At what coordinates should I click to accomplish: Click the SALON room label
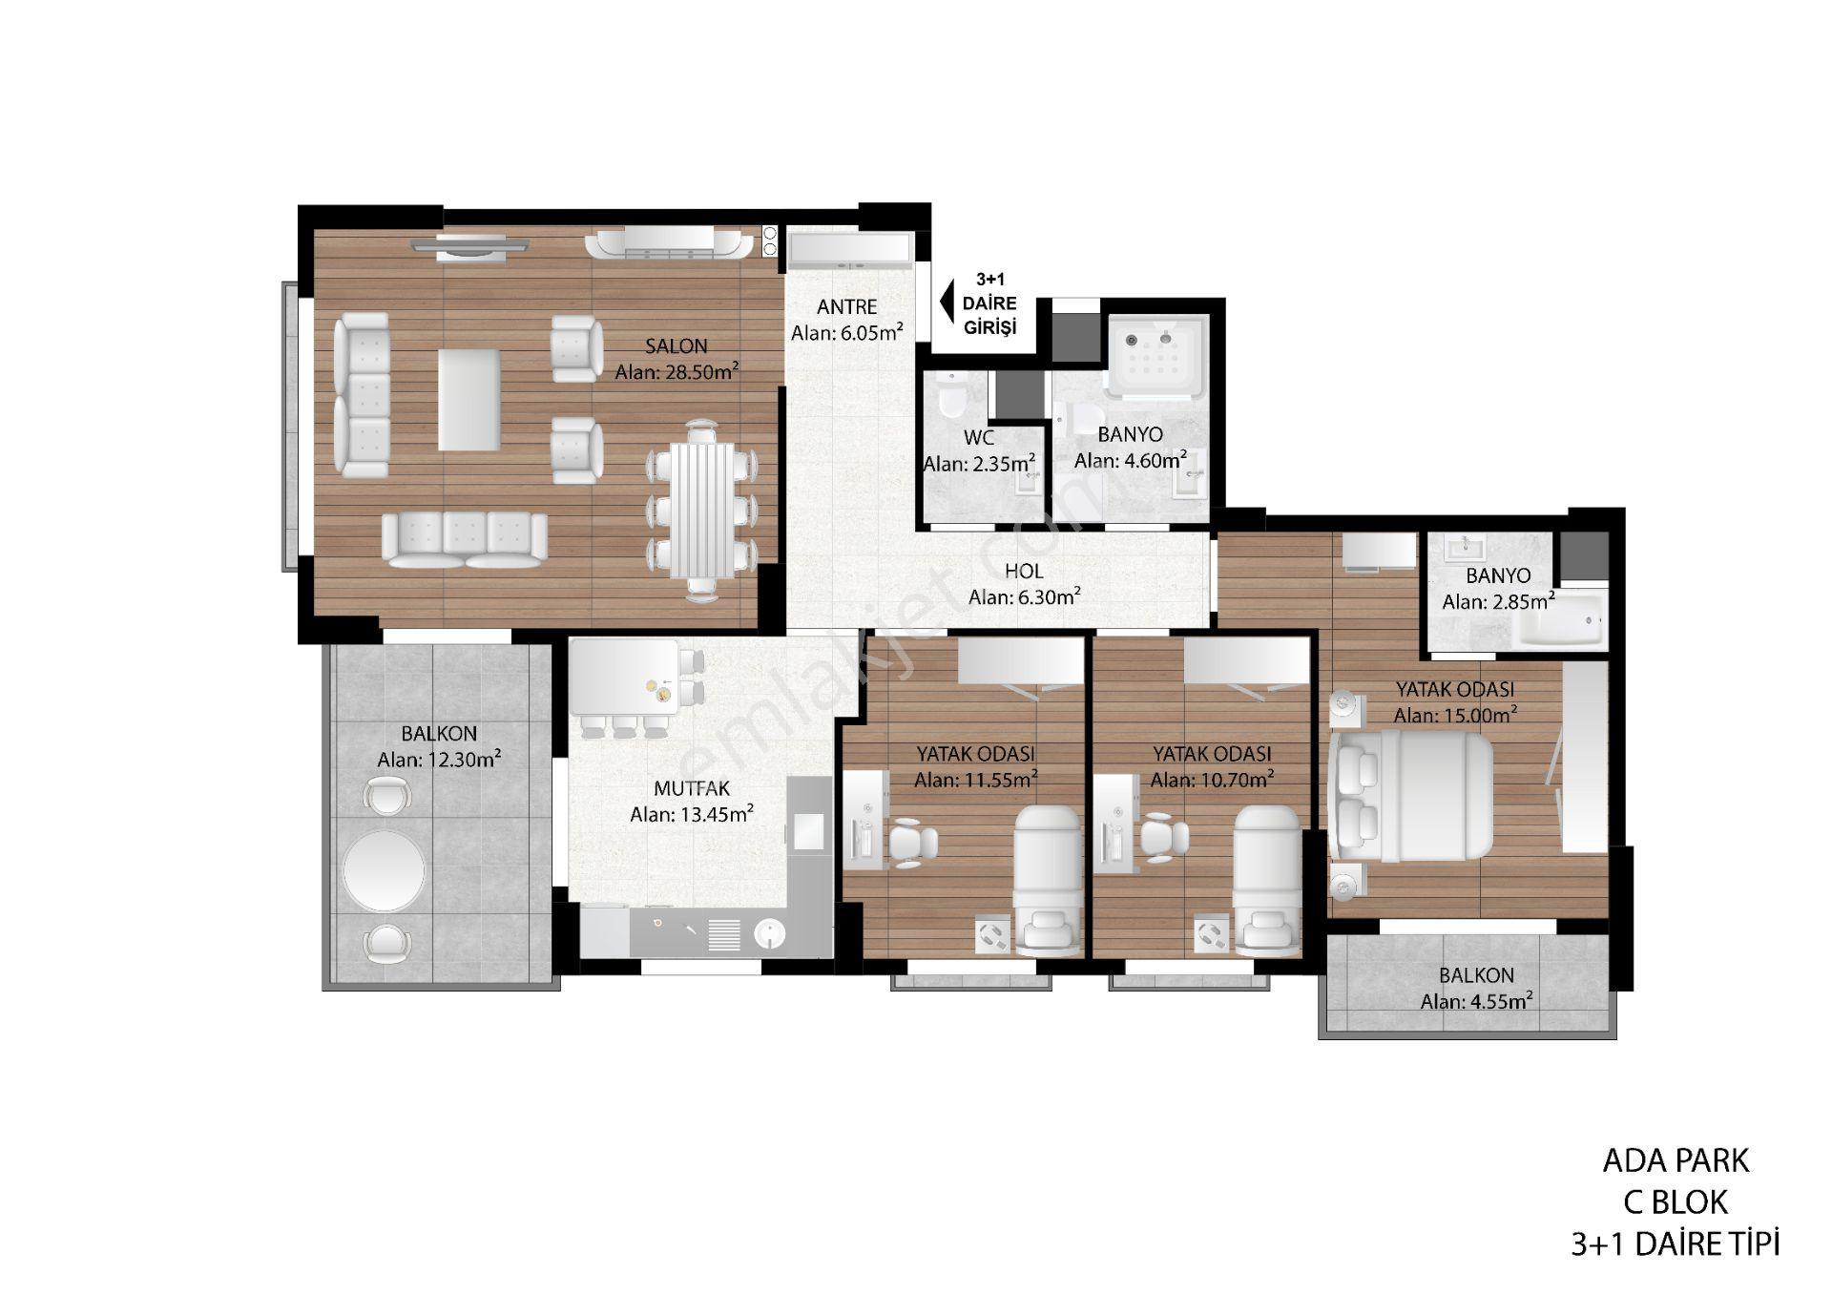coord(676,346)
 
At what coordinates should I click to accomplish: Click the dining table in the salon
coord(702,512)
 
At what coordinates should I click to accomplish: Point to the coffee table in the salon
coord(468,399)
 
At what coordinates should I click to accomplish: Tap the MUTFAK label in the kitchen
coord(692,789)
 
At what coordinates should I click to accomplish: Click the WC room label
coord(979,438)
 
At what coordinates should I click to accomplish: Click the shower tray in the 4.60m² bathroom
coord(1156,356)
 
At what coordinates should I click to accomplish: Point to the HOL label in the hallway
coord(1024,572)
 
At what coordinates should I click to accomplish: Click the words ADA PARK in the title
coord(1676,1161)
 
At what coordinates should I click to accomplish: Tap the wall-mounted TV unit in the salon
coord(470,245)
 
